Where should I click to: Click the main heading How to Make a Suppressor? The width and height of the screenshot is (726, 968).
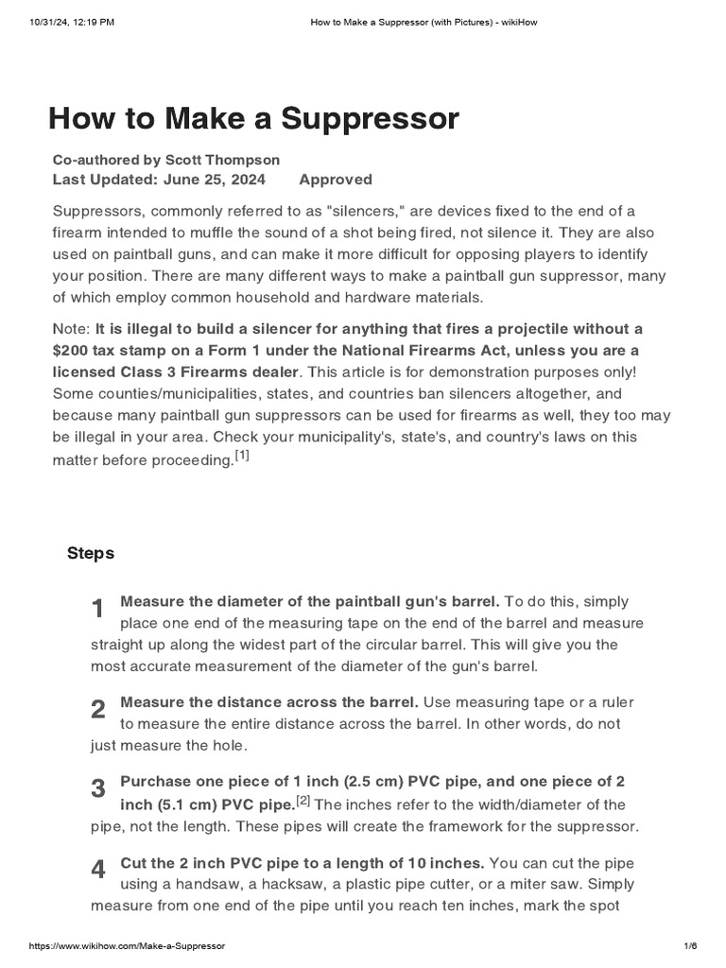tap(253, 119)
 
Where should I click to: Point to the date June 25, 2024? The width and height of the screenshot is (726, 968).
tap(214, 180)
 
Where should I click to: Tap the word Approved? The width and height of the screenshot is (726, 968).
tap(336, 180)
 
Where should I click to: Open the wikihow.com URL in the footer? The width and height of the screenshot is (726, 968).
tap(128, 946)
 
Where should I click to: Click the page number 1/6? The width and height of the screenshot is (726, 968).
tap(689, 946)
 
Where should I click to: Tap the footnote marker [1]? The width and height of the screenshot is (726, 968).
tap(242, 457)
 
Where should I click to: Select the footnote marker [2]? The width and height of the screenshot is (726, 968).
tap(302, 801)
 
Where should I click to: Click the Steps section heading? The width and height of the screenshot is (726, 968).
tap(91, 553)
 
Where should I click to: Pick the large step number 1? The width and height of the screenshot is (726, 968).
tap(98, 610)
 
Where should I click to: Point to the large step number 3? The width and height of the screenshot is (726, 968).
tap(98, 789)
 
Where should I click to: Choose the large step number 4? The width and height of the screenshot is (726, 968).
tap(98, 871)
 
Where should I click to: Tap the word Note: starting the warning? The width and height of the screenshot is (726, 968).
tap(72, 328)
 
